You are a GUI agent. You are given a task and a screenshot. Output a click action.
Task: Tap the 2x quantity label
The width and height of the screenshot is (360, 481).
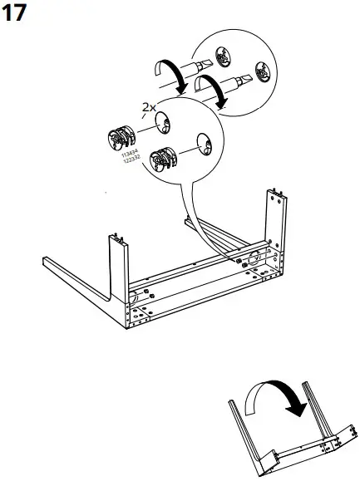point(148,108)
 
